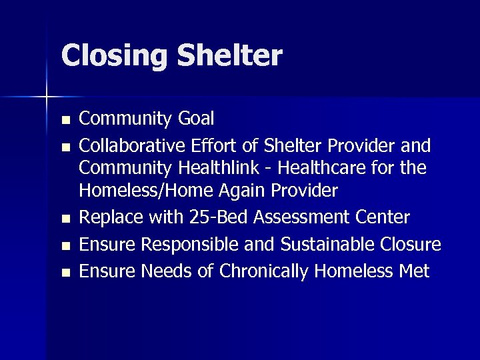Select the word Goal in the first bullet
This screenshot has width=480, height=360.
(x=196, y=119)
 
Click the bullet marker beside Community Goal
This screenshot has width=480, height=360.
(x=65, y=121)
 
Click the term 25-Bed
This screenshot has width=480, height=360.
(x=200, y=217)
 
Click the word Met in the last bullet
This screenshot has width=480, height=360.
(x=414, y=271)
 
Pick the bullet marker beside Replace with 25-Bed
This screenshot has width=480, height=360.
(x=65, y=219)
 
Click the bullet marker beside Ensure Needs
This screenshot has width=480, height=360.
(x=65, y=273)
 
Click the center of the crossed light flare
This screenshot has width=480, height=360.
(x=47, y=97)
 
